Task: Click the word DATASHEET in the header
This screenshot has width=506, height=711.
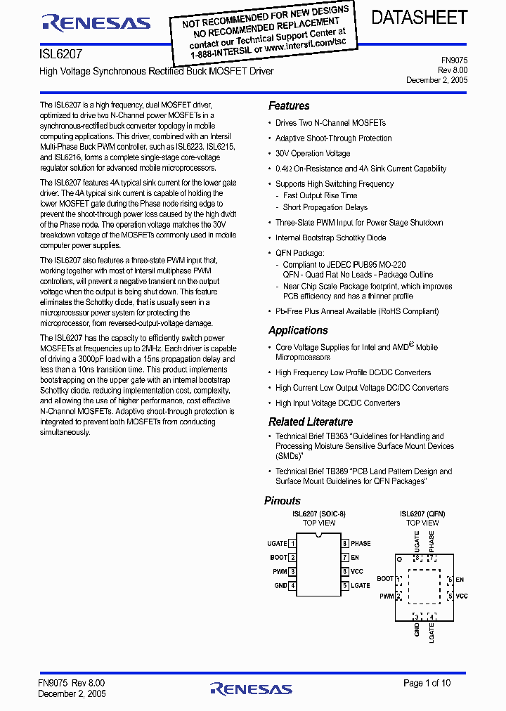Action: [419, 18]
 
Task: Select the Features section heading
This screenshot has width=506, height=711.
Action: [289, 106]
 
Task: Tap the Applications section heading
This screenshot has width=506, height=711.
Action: [298, 330]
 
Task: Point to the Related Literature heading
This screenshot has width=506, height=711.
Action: [311, 422]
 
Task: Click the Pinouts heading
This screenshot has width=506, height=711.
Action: [283, 501]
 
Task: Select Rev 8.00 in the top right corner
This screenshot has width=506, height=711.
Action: [453, 70]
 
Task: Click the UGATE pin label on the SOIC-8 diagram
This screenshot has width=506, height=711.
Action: [277, 544]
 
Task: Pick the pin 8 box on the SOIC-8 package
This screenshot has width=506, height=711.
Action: [345, 544]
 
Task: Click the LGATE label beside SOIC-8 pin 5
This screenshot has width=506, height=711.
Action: [361, 586]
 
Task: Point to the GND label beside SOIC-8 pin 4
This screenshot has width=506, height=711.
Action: [280, 586]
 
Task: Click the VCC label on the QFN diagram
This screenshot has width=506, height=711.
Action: [462, 596]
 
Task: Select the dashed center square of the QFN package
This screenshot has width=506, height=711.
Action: [423, 587]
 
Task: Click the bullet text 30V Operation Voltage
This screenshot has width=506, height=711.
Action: [313, 154]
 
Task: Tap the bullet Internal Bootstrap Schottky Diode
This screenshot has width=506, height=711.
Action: [330, 238]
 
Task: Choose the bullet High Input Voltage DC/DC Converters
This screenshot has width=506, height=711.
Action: [337, 403]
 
